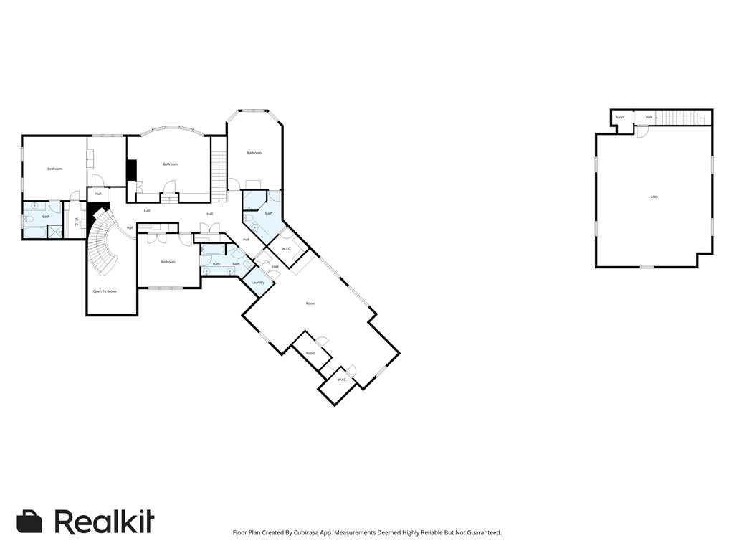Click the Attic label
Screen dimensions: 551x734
(654, 197)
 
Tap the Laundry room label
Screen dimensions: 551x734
(258, 283)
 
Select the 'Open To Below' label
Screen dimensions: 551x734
(105, 291)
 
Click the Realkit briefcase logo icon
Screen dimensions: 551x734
(29, 522)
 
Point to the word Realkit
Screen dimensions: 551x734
(105, 522)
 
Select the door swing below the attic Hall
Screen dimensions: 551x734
(642, 131)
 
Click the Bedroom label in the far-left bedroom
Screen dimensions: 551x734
(54, 169)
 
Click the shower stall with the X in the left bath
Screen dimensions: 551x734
(54, 232)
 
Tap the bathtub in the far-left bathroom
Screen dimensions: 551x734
(34, 232)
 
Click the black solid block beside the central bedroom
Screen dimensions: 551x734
(131, 170)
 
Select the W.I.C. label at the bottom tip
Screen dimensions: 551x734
(342, 380)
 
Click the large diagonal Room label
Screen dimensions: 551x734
(310, 303)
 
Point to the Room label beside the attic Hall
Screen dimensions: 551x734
(620, 117)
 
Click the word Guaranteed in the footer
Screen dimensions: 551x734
(480, 532)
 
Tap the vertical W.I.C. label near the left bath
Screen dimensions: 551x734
(76, 221)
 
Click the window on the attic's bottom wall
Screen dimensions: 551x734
(647, 267)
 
